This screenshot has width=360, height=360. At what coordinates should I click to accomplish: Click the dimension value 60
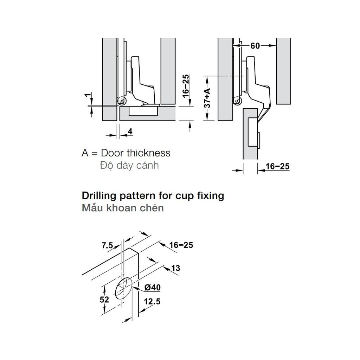click(255, 46)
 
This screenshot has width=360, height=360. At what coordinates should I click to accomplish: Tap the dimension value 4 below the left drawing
click(130, 132)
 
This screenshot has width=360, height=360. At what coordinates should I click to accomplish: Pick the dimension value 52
click(104, 300)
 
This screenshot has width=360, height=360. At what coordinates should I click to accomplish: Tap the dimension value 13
click(176, 269)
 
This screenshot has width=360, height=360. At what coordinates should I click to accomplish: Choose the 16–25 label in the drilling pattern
click(181, 245)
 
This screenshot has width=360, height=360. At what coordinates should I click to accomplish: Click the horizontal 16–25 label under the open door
click(277, 166)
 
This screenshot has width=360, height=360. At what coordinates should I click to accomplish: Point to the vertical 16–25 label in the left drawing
click(186, 84)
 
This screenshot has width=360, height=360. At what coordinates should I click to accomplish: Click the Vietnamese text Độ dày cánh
click(129, 165)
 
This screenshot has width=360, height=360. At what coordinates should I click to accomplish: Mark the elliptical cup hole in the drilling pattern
click(124, 288)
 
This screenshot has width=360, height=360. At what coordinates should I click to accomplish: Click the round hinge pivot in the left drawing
click(122, 101)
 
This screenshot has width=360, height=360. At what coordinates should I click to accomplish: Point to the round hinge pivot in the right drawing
click(237, 102)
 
